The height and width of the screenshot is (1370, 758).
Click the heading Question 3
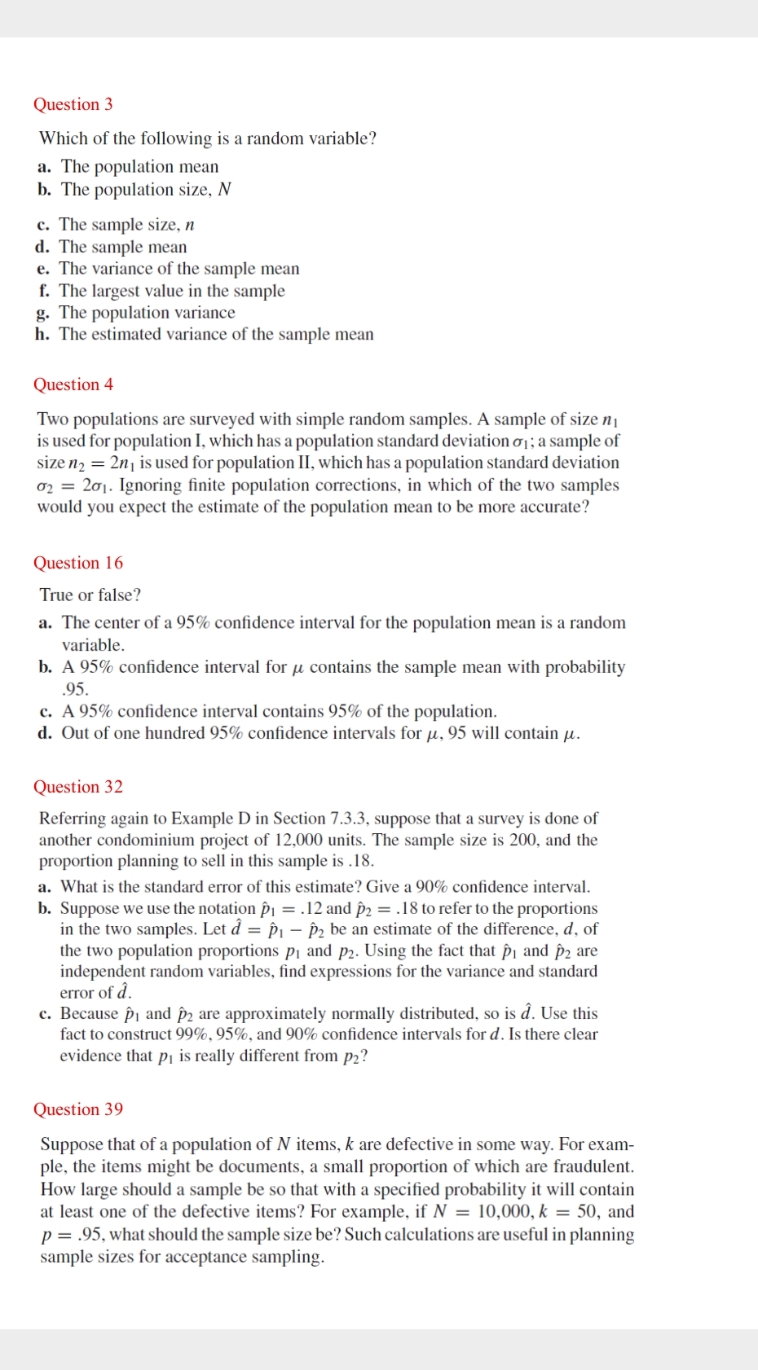[73, 104]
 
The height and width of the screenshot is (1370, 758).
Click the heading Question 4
[73, 384]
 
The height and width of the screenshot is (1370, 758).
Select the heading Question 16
[77, 563]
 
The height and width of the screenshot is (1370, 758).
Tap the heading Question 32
[77, 787]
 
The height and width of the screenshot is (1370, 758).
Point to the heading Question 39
[77, 1109]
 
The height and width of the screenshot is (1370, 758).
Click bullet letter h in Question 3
[42, 335]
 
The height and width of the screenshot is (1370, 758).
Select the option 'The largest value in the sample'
[171, 291]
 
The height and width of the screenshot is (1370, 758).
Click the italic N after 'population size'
[225, 190]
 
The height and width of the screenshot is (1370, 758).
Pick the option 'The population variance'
[147, 313]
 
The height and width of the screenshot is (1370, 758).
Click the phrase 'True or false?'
[90, 595]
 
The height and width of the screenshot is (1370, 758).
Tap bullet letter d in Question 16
[45, 733]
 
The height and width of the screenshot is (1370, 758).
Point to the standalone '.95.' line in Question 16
[75, 688]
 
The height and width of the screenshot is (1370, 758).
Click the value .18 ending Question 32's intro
[360, 861]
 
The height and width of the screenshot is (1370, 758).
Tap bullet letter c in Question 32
[45, 1014]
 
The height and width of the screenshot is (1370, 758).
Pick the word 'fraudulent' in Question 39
[593, 1167]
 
